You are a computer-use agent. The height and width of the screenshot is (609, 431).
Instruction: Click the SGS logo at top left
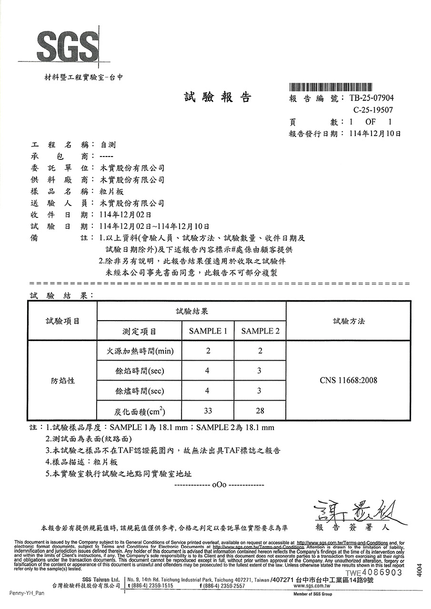pos(68,47)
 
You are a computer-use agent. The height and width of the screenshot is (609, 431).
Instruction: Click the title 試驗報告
pos(217,98)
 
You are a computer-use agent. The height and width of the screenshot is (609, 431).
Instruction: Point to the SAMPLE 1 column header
pos(208,331)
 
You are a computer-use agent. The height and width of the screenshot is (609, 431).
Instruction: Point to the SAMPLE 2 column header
pos(260,331)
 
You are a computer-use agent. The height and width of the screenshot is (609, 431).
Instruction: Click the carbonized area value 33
pos(208,411)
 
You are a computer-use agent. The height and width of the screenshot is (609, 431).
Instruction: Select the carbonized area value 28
pos(260,411)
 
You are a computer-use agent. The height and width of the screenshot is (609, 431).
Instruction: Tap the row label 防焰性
pos(63,381)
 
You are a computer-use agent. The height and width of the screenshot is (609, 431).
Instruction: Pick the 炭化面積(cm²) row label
pos(140,411)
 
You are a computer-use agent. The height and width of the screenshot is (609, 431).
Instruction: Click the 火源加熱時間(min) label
pos(139,352)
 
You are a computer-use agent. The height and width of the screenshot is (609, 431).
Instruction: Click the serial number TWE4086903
pos(374,572)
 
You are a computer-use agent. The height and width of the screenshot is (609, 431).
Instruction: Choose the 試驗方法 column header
pos(349,321)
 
